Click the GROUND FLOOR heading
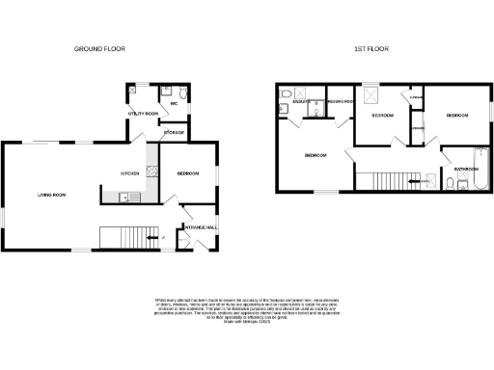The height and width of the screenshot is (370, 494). pyautogui.click(x=99, y=48)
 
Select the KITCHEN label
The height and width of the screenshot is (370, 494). pyautogui.click(x=130, y=173)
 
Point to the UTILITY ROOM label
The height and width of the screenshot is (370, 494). pyautogui.click(x=141, y=113)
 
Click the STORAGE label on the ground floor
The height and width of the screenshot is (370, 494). pyautogui.click(x=175, y=131)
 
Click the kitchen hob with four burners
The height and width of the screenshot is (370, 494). pyautogui.click(x=151, y=173)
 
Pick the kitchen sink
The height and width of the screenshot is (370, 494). pyautogui.click(x=123, y=198)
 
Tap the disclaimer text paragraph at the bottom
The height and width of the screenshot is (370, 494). pyautogui.click(x=247, y=310)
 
